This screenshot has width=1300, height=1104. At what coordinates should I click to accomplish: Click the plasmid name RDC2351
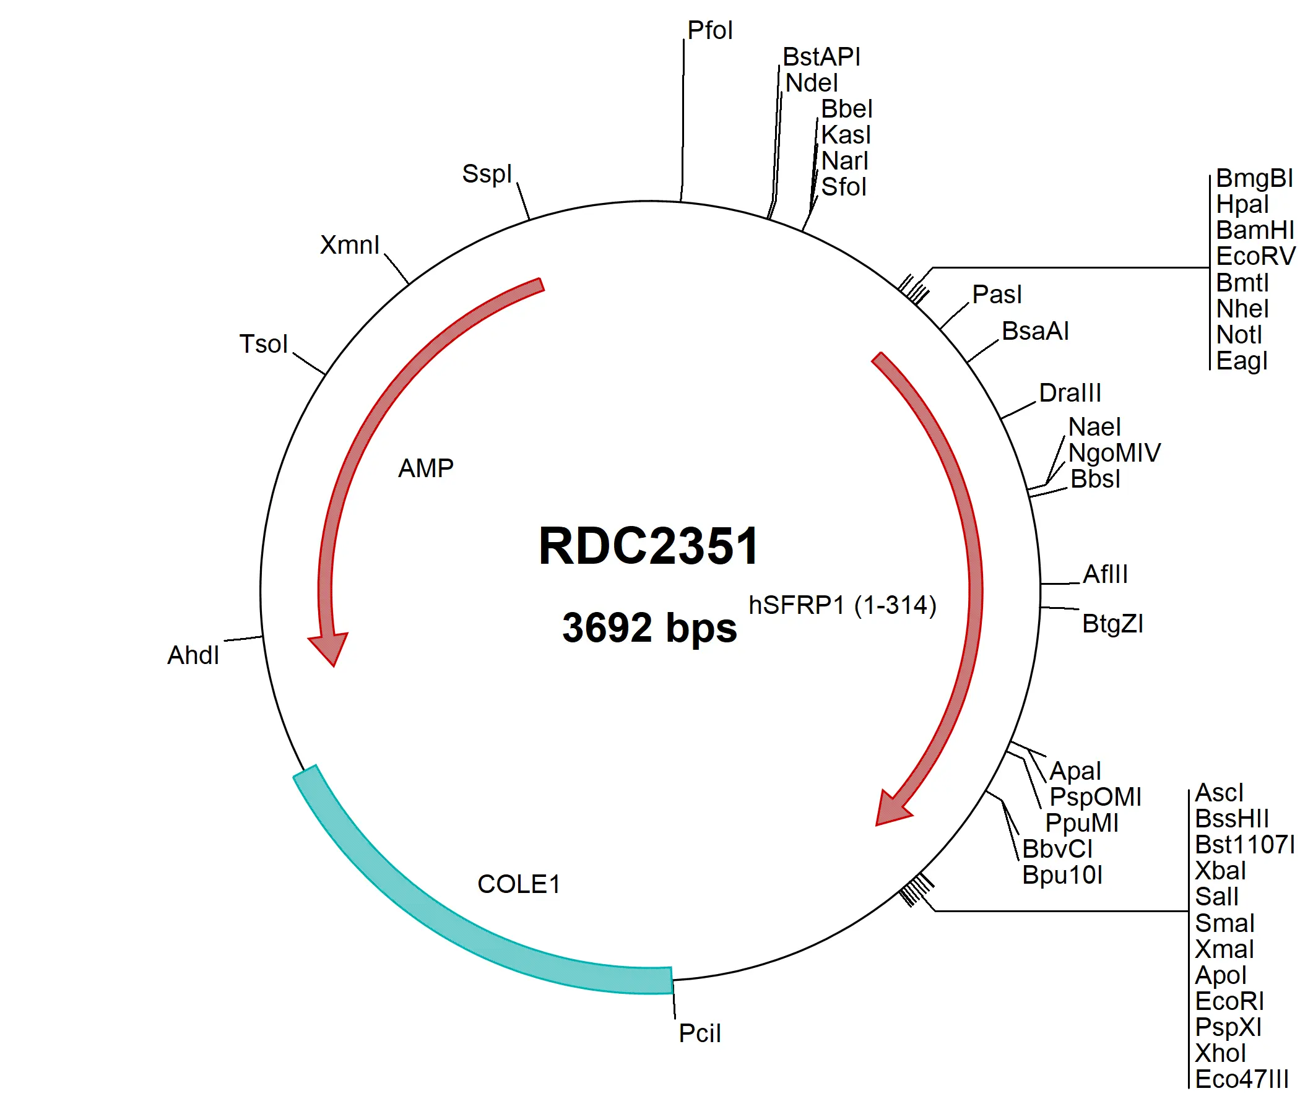[648, 546]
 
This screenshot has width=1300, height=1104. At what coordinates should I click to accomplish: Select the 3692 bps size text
[648, 627]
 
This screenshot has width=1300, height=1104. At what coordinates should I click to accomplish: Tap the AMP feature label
[426, 468]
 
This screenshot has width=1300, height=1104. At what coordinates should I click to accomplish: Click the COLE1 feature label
[518, 884]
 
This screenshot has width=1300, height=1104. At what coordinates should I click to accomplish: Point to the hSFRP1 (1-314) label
[842, 605]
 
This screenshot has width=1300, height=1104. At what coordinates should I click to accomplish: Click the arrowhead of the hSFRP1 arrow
[891, 811]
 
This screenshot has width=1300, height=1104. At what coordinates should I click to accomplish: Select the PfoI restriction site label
[709, 30]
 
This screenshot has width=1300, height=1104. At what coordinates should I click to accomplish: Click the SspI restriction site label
[487, 173]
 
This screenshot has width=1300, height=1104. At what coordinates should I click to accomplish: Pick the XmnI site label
[349, 244]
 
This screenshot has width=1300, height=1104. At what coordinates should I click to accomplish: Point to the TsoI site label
[263, 343]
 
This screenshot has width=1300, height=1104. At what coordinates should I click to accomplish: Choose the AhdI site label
[193, 655]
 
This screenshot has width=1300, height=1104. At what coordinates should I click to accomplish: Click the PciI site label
[699, 1033]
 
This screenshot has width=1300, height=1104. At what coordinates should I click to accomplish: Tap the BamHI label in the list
[1254, 230]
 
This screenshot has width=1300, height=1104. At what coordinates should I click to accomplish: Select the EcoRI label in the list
[1229, 1001]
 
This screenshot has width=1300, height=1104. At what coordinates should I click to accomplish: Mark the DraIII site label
[1069, 393]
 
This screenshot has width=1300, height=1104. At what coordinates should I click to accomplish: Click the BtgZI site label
[1112, 623]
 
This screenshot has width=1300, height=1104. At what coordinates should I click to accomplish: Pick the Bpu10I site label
[1062, 874]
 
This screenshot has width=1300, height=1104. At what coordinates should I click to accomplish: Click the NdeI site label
[811, 82]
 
